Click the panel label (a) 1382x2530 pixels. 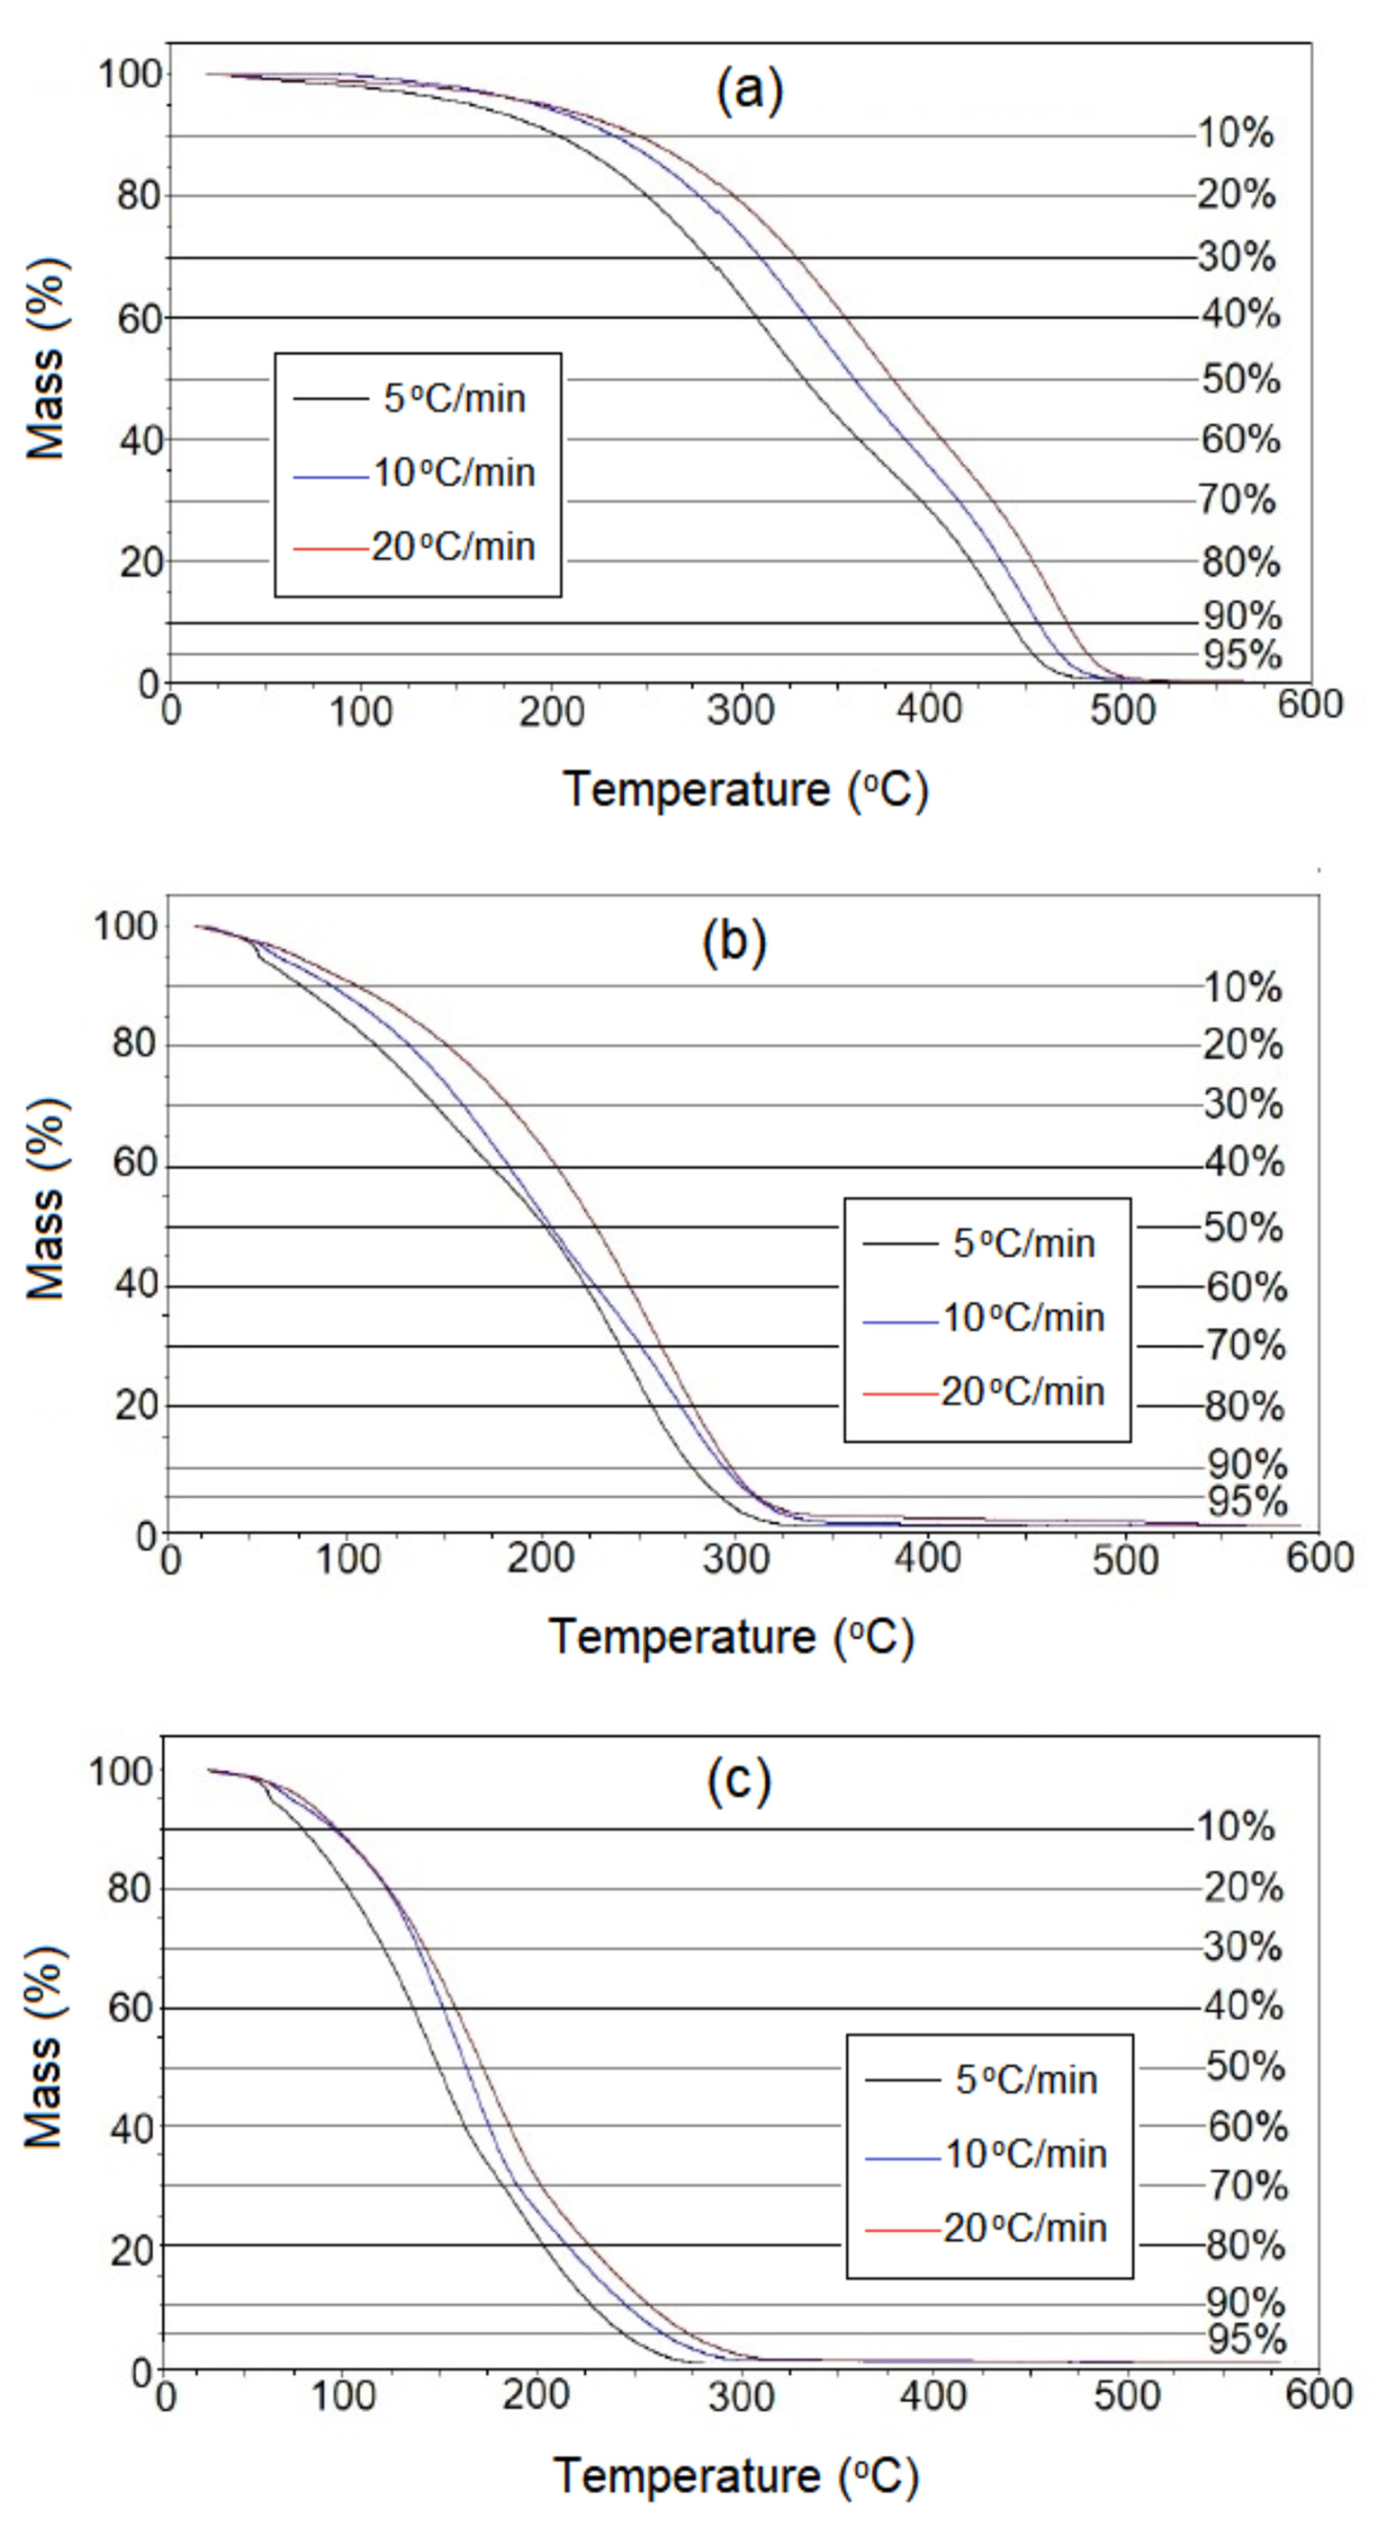coord(750,92)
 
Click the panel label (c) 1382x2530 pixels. coord(739,1782)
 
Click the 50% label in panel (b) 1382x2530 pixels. coord(1243,1228)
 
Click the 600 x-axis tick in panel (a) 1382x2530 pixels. coord(1309,705)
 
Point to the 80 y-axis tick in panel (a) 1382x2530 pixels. coord(138,196)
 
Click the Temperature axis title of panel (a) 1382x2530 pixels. coord(744,790)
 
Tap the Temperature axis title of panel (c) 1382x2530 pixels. coord(735,2475)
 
